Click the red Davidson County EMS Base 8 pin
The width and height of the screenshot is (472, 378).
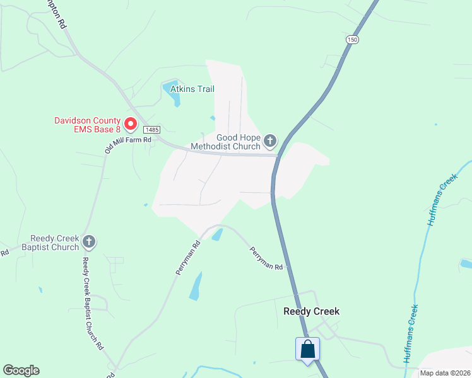click(131, 123)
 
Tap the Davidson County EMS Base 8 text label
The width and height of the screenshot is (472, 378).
click(87, 125)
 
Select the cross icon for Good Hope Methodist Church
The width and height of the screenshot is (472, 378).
click(270, 140)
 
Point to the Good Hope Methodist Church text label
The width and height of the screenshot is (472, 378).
click(238, 142)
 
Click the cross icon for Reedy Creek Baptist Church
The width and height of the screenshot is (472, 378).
click(89, 241)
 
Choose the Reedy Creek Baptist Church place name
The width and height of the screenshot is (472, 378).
click(55, 243)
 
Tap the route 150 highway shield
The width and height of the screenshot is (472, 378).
click(351, 40)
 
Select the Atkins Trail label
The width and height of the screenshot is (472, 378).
click(197, 89)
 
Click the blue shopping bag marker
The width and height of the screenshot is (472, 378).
click(307, 348)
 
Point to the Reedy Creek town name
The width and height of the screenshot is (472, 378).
click(312, 311)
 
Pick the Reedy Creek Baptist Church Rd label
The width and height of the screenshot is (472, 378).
click(93, 302)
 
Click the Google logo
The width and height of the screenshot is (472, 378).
click(21, 370)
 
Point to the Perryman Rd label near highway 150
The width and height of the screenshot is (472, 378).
click(266, 258)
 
